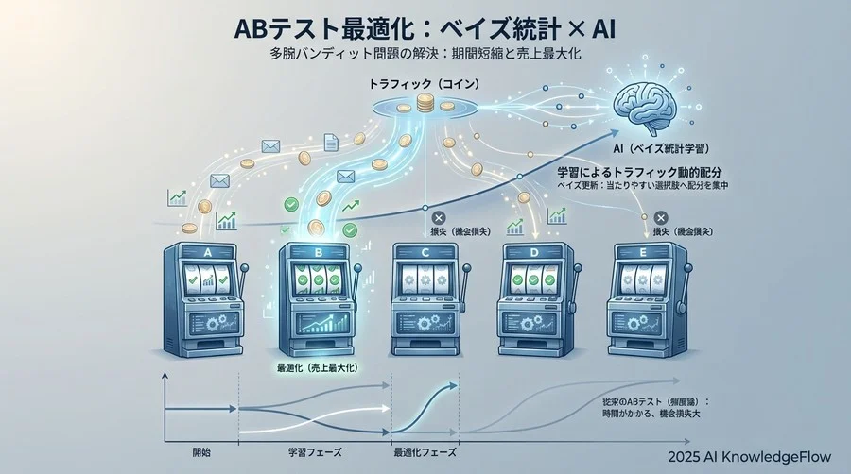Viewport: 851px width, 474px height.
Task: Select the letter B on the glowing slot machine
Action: [x=317, y=251]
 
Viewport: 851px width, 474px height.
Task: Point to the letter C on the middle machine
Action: [x=426, y=251]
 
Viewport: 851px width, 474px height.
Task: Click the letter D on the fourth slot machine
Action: [x=536, y=251]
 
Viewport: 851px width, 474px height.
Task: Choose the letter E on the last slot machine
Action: [x=647, y=251]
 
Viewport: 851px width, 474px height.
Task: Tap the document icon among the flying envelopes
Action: [x=331, y=143]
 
